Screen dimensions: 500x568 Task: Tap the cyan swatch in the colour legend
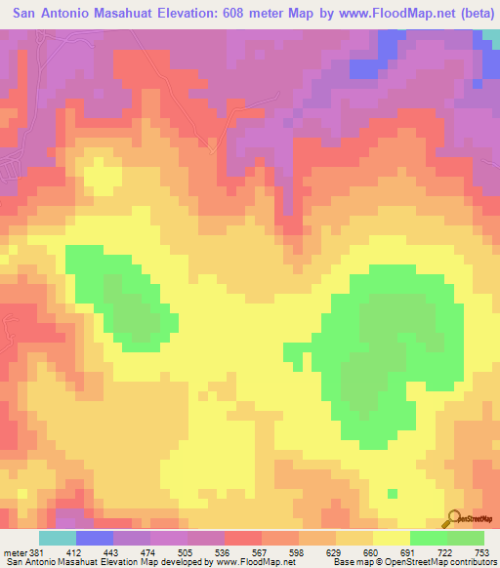click(57, 538)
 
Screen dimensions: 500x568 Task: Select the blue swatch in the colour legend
click(94, 538)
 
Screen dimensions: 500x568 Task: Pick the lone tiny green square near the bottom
click(392, 494)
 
